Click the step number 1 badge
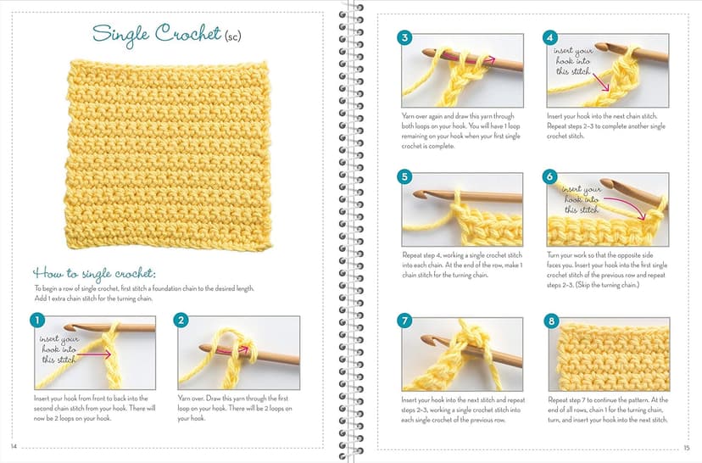coord(36,321)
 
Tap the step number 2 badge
coord(182,321)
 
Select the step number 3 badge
coord(405,38)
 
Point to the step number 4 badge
coord(552,38)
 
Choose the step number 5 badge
coord(405,177)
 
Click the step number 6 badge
coord(552,177)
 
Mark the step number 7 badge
coord(405,321)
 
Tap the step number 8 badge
coord(552,321)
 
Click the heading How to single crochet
coord(94,273)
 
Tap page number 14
coord(13,447)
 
